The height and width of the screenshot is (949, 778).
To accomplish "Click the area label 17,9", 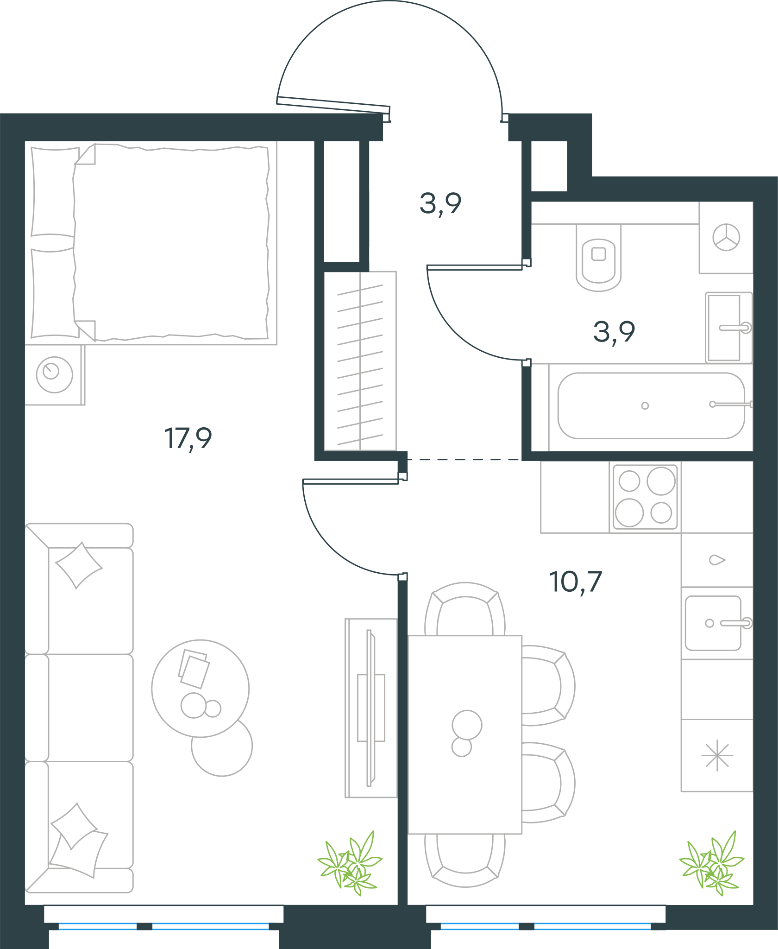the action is point(188,438).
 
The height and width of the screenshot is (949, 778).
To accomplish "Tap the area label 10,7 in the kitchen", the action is point(575,582).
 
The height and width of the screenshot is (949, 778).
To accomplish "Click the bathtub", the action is point(651,405).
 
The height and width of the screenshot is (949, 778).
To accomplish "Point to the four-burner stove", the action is point(645,497).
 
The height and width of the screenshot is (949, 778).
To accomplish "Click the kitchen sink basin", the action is point(713,623).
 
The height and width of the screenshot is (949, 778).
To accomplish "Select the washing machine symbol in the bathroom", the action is point(726,238).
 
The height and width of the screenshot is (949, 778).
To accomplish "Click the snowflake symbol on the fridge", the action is point(717,757).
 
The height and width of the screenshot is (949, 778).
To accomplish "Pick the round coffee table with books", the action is point(201,689).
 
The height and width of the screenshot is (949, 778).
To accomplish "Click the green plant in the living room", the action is point(350,863).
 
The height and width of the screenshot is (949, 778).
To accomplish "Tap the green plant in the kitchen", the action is point(711,863).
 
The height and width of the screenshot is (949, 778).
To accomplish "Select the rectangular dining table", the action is point(465,735).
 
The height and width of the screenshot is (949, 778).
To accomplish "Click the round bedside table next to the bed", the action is point(55,375).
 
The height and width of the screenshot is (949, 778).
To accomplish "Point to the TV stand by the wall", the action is point(371,708).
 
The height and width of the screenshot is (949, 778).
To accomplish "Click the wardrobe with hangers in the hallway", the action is point(360,361).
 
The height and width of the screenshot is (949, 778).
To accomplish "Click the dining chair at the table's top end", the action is point(465,609).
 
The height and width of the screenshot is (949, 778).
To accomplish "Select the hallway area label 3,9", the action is point(440,204).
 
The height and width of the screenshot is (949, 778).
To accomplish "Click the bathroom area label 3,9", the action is point(614,332).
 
